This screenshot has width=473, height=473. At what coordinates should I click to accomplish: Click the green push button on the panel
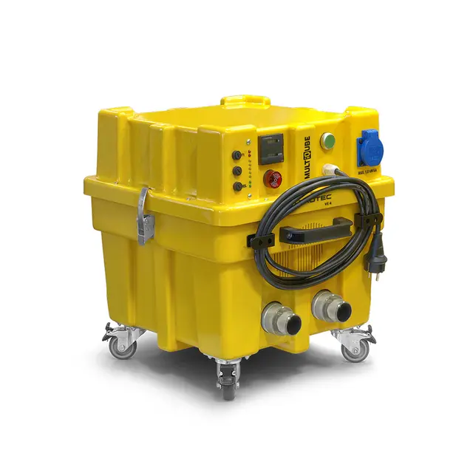(x=328, y=140)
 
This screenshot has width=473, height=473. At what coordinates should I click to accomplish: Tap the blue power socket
(x=370, y=146)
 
